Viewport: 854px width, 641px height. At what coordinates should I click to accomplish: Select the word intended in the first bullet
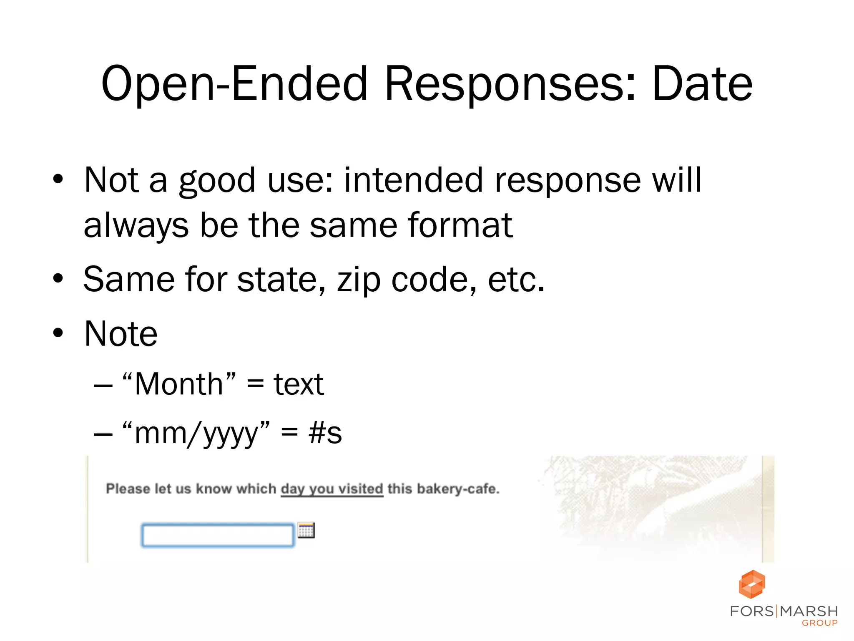(413, 180)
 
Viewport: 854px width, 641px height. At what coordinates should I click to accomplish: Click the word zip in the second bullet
(359, 279)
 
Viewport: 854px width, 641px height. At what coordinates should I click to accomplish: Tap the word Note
(121, 333)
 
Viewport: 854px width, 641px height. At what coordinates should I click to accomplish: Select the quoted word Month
(179, 384)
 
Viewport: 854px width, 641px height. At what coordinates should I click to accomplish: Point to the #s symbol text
(325, 433)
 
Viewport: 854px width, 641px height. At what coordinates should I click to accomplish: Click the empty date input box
(218, 535)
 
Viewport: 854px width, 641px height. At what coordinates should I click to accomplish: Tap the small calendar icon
(306, 530)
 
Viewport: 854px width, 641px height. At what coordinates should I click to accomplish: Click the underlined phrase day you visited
(332, 489)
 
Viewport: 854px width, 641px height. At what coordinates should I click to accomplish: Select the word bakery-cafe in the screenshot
(457, 489)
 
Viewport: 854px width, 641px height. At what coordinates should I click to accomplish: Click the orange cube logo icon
(752, 584)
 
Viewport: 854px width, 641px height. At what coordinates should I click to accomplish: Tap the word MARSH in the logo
(809, 611)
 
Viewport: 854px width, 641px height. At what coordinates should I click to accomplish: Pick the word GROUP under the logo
(820, 623)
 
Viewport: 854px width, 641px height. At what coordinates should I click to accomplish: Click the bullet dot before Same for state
(58, 279)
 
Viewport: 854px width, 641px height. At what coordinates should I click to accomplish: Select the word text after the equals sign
(299, 384)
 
